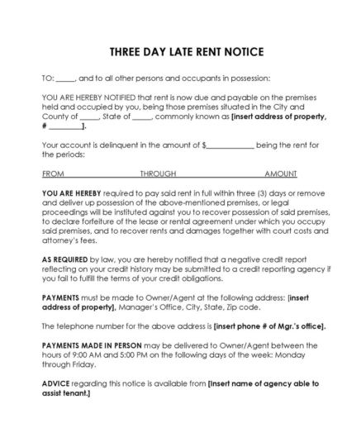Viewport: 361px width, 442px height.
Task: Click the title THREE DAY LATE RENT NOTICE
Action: (180, 52)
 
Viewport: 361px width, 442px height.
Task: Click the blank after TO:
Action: (67, 78)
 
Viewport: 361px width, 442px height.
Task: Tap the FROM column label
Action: (52, 175)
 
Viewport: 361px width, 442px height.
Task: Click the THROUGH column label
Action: (158, 175)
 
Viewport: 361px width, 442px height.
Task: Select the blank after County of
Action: (91, 116)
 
